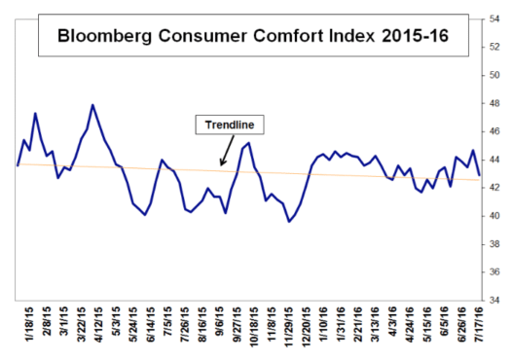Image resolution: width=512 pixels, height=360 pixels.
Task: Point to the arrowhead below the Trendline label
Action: tap(222, 163)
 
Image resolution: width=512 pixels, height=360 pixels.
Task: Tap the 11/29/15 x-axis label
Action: tap(289, 331)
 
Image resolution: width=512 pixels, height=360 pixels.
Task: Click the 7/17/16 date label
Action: tap(480, 331)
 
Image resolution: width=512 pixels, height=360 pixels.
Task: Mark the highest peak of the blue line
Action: tap(92, 104)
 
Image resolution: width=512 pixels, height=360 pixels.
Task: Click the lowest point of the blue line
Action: tap(289, 222)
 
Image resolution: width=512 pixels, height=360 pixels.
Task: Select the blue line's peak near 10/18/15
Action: tap(248, 143)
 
